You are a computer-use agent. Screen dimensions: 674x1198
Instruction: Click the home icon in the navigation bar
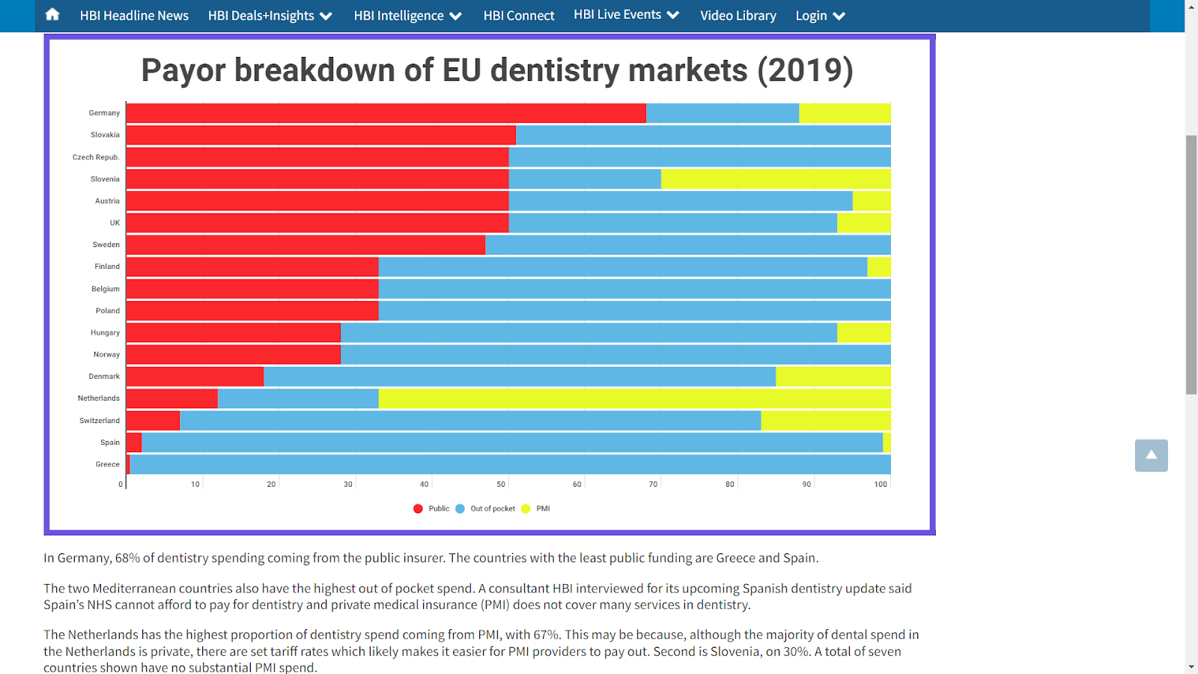tap(52, 14)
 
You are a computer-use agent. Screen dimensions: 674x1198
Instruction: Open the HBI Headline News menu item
tap(134, 16)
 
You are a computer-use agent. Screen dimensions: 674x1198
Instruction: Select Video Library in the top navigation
tap(738, 16)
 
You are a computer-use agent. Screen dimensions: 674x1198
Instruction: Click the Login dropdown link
tap(820, 16)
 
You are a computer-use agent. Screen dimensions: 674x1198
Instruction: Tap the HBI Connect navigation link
tap(519, 16)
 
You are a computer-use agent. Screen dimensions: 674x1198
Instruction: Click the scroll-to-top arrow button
tap(1151, 455)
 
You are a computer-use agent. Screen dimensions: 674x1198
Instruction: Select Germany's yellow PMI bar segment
tap(845, 113)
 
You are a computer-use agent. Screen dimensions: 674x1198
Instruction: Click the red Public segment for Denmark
tap(195, 377)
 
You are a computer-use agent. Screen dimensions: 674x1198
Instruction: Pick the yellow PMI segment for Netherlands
tap(634, 398)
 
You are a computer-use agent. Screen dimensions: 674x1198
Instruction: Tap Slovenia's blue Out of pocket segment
tap(585, 179)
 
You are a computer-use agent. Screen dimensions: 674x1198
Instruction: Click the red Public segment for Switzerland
tap(153, 421)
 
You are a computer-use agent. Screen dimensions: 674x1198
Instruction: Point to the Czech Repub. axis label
tap(96, 157)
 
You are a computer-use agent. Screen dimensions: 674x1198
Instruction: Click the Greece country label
tap(107, 464)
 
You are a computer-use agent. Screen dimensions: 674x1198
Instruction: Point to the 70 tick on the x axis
tap(653, 485)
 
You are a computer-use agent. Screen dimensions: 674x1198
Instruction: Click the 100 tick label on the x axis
tap(881, 485)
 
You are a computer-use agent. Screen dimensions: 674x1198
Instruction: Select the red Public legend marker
tap(418, 508)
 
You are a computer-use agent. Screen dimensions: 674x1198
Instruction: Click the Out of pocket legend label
tap(493, 508)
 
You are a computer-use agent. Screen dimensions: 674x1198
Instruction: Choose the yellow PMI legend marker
tap(526, 508)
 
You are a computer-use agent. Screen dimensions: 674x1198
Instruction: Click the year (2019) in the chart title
tap(805, 70)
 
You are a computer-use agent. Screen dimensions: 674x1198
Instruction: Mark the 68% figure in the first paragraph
tap(127, 558)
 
